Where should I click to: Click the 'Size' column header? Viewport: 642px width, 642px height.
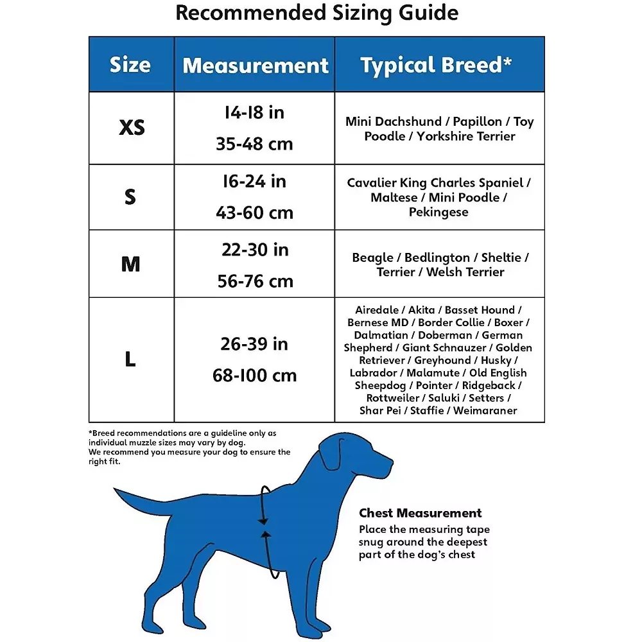pyautogui.click(x=130, y=65)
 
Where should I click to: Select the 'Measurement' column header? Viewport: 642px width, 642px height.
pyautogui.click(x=255, y=65)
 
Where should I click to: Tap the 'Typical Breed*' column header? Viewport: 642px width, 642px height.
pyautogui.click(x=436, y=65)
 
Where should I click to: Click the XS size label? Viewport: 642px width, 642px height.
pyautogui.click(x=132, y=128)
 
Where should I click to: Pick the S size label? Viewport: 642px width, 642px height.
pyautogui.click(x=130, y=196)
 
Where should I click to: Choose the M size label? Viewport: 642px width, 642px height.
pyautogui.click(x=131, y=264)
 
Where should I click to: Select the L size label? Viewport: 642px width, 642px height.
pyautogui.click(x=130, y=360)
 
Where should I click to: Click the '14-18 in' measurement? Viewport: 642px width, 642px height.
pyautogui.click(x=254, y=113)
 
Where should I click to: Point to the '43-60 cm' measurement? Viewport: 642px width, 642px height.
pyautogui.click(x=254, y=213)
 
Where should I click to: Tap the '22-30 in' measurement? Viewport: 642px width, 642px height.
pyautogui.click(x=254, y=250)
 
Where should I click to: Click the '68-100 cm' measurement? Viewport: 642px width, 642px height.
pyautogui.click(x=254, y=376)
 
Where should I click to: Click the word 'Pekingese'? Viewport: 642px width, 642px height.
pyautogui.click(x=438, y=212)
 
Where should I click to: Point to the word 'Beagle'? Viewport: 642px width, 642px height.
pyautogui.click(x=375, y=257)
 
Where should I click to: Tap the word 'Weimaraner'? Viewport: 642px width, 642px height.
pyautogui.click(x=485, y=411)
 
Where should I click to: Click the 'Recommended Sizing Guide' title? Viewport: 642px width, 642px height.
pyautogui.click(x=317, y=13)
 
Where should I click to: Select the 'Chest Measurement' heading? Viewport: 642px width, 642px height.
pyautogui.click(x=420, y=513)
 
